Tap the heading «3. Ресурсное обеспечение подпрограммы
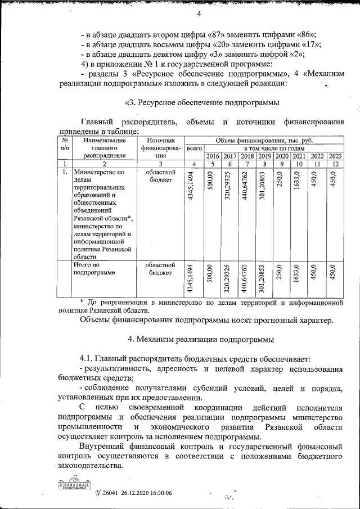(201, 103)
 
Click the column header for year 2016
(212, 156)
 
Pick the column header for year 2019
(264, 156)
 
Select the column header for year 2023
(335, 156)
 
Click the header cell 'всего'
(194, 148)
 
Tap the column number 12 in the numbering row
(335, 164)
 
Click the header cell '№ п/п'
(65, 144)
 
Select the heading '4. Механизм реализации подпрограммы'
(201, 340)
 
